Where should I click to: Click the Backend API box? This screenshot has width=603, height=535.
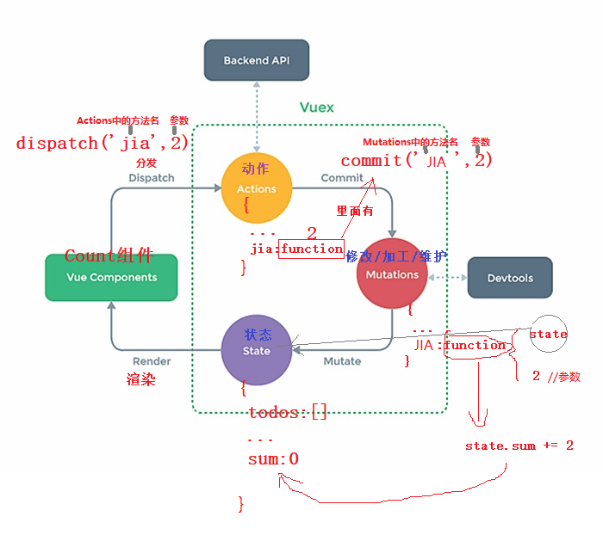[x=256, y=60]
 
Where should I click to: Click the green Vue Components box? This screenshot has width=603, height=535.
[x=111, y=277]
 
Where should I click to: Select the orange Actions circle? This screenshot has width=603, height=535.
[x=256, y=188]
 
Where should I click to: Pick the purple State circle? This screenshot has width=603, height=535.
[x=256, y=349]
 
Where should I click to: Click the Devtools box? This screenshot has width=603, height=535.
[x=509, y=278]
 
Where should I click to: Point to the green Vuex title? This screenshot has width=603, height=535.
[x=316, y=108]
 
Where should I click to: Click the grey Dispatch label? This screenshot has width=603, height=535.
[x=151, y=177]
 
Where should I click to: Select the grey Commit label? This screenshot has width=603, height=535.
[x=342, y=177]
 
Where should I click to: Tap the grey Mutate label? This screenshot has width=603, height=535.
[x=342, y=361]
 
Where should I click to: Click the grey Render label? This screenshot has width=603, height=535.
[x=152, y=361]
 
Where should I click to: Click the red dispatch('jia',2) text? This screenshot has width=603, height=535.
[x=102, y=143]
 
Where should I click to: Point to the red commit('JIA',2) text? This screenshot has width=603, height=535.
[x=416, y=160]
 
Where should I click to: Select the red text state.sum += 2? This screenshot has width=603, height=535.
[x=519, y=446]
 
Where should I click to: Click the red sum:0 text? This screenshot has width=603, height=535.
[x=273, y=459]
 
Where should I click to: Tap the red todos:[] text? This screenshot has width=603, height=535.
[x=287, y=413]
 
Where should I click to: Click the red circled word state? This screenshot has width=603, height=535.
[x=548, y=334]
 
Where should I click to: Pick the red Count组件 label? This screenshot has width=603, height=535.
[x=109, y=255]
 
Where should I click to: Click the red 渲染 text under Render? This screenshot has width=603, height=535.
[x=140, y=378]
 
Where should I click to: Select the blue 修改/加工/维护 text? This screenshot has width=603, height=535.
[x=396, y=255]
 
